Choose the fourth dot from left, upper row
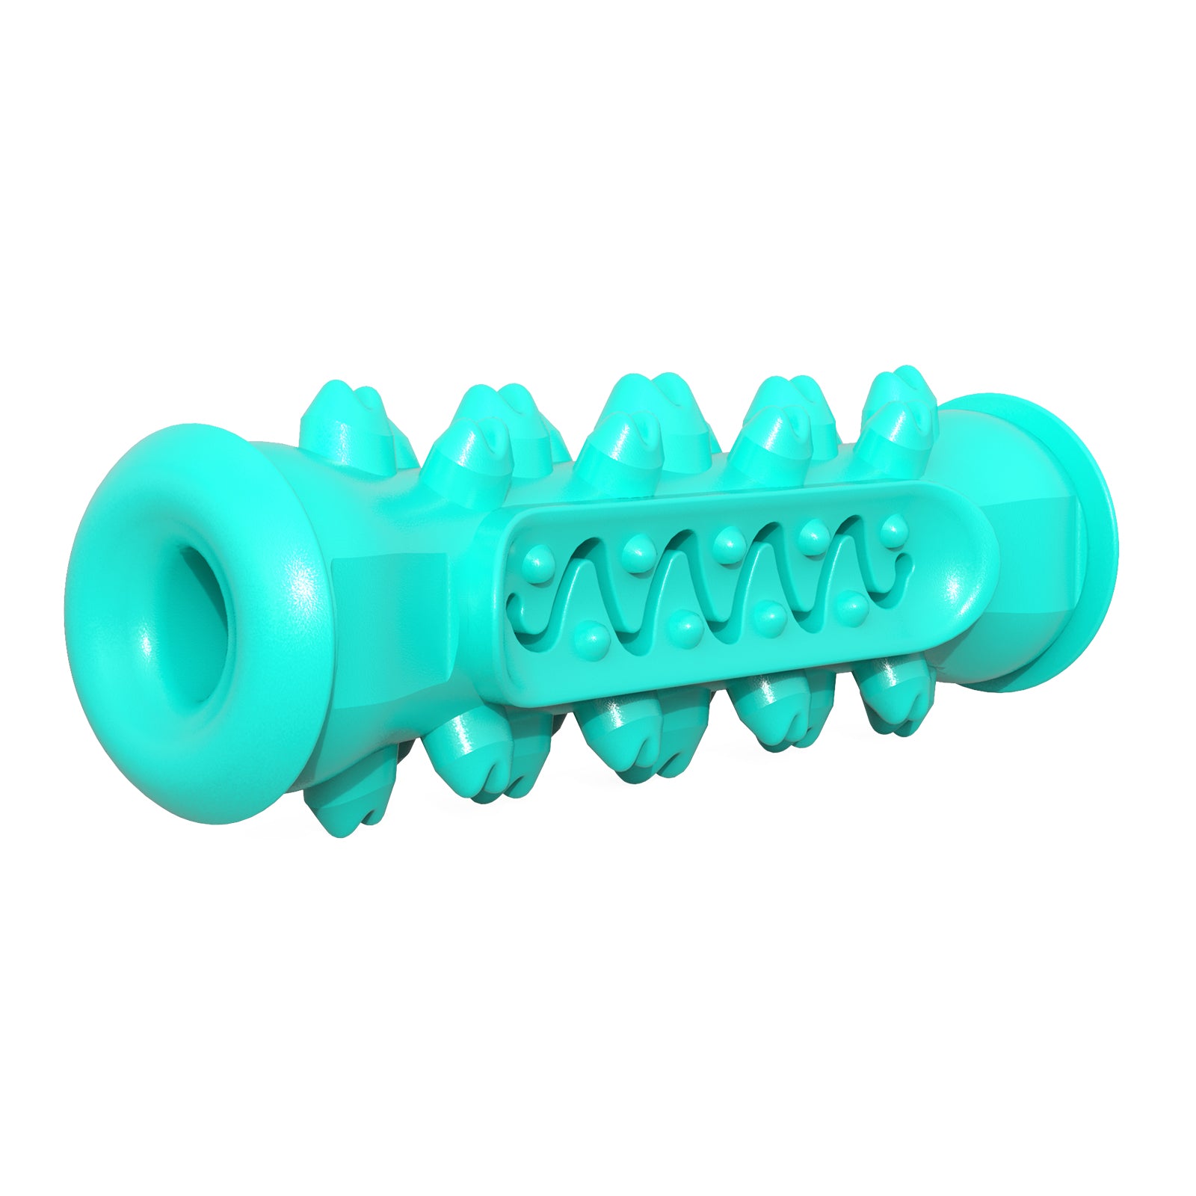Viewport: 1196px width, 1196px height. click(x=810, y=534)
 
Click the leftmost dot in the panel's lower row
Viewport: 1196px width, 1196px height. click(x=593, y=636)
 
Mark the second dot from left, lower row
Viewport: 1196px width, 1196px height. click(x=684, y=626)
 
